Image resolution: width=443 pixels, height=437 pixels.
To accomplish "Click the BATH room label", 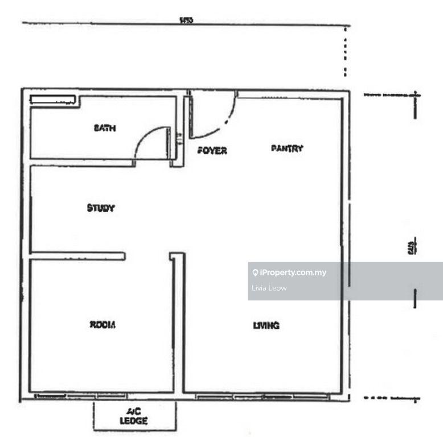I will [105, 129].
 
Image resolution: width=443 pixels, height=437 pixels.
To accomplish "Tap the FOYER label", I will [212, 151].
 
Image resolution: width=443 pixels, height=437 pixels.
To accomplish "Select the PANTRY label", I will [287, 149].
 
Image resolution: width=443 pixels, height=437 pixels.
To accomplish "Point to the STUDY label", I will [101, 208].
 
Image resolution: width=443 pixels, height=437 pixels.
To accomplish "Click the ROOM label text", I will [102, 325].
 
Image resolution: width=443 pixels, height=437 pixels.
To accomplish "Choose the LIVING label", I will [266, 325].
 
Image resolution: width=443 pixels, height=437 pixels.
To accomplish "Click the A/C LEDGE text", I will [134, 417].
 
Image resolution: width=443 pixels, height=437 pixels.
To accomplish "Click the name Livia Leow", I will [269, 288].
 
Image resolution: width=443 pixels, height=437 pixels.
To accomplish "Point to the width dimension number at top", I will [186, 20].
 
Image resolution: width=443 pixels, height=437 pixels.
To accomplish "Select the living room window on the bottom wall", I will [262, 395].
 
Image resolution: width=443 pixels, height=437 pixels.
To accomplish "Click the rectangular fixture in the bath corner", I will [53, 100].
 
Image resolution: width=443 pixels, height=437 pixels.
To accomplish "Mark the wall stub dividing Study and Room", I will [77, 256].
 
